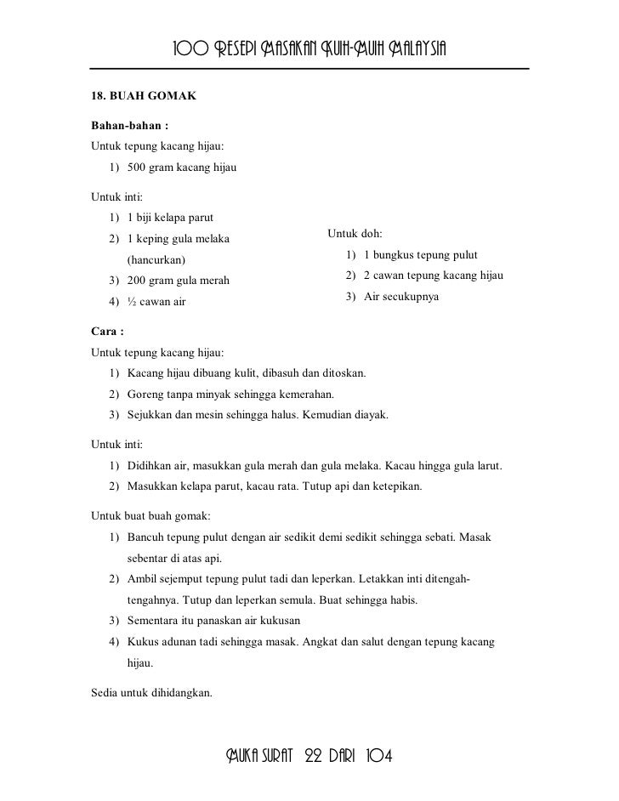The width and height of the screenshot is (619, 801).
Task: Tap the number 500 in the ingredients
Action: click(x=137, y=168)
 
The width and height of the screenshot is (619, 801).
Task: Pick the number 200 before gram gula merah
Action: click(x=137, y=281)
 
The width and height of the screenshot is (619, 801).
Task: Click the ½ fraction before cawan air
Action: click(x=132, y=302)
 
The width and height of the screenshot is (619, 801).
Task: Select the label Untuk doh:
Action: click(x=355, y=234)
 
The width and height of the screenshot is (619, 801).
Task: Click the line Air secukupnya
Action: click(x=401, y=297)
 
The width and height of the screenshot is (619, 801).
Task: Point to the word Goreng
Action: click(x=145, y=395)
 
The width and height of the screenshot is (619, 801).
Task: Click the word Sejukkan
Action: click(x=150, y=416)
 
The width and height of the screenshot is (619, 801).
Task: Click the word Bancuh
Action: click(x=146, y=538)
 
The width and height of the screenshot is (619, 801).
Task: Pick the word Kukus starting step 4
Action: click(x=143, y=641)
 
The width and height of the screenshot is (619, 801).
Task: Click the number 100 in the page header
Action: click(x=190, y=46)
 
